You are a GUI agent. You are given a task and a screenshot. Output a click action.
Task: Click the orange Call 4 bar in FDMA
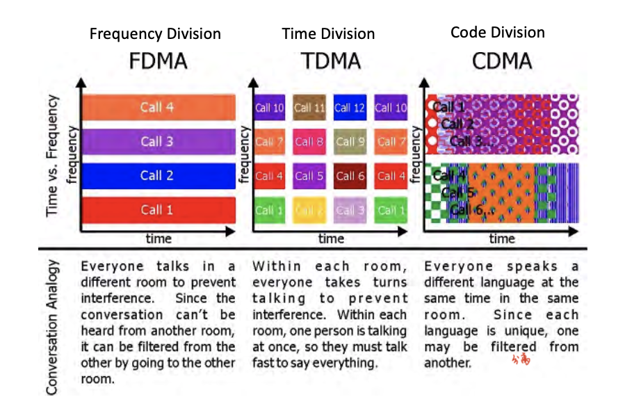point(158,107)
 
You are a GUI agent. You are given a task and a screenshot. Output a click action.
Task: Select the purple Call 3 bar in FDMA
point(158,142)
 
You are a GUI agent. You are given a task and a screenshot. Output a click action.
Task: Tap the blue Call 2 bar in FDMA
point(158,175)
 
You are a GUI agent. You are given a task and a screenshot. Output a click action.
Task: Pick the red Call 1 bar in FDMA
point(158,209)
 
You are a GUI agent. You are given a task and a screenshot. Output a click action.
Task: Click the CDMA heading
point(501,61)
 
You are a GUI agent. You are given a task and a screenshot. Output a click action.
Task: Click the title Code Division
point(498,32)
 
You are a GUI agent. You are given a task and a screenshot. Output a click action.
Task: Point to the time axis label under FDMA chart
point(159,238)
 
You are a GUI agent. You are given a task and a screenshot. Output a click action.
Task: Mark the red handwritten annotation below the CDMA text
point(521,359)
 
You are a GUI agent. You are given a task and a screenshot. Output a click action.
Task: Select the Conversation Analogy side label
point(53,327)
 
